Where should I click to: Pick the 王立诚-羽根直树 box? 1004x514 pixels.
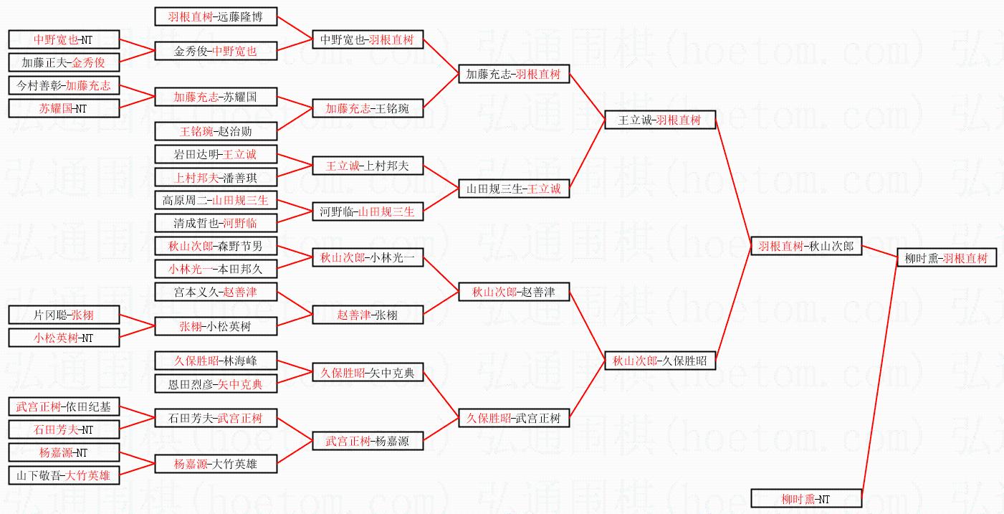coord(660,120)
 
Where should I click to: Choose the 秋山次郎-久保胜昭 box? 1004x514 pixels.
coord(660,361)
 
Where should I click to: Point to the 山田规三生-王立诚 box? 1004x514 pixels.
coord(514,189)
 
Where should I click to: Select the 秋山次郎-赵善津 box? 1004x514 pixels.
coord(514,292)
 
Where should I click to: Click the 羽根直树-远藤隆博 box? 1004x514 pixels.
coord(216,17)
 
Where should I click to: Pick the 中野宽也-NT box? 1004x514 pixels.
coord(64,40)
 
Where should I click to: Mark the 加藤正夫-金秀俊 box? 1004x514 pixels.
coord(64,63)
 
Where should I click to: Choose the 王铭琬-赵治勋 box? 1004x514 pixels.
coord(216,132)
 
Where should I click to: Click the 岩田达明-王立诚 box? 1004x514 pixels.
coord(216,155)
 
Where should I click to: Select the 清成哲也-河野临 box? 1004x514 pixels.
coord(216,224)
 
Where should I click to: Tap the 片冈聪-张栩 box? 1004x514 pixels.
coord(64,315)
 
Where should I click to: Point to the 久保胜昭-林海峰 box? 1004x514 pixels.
coord(216,361)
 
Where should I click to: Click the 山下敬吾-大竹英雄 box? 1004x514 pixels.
coord(64,475)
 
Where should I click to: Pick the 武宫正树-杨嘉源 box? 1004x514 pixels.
coord(368,442)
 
